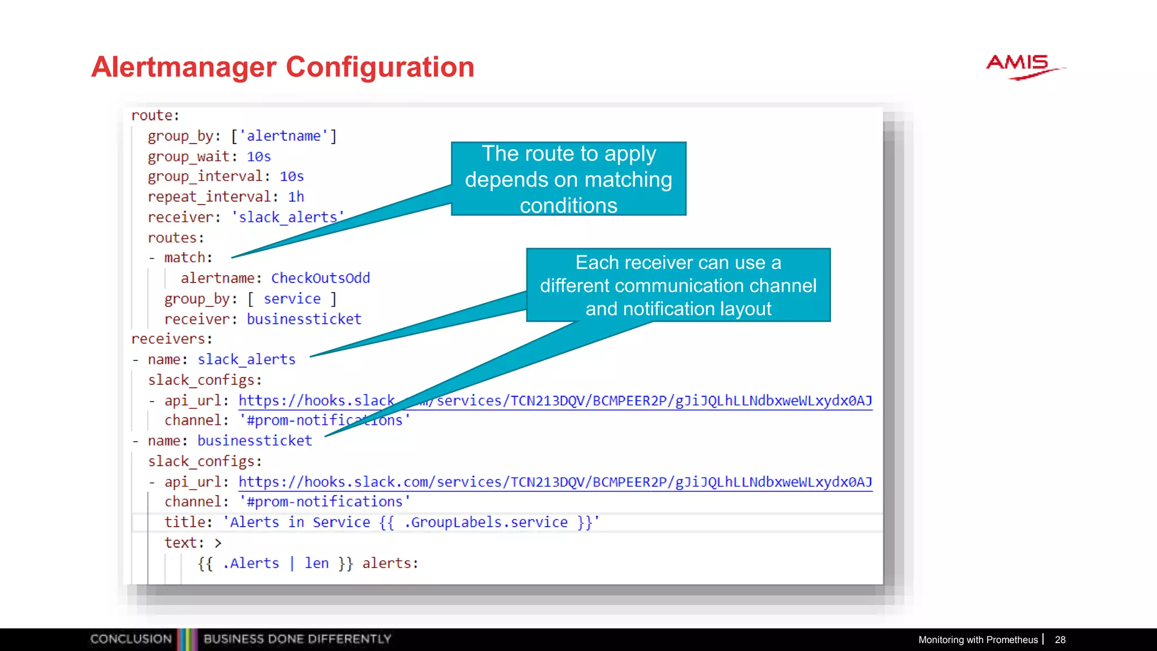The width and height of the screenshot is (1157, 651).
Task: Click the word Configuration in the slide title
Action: (x=380, y=67)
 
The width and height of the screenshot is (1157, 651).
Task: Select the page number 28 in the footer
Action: (x=1060, y=640)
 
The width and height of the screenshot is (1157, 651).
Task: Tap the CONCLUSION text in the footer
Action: (x=131, y=639)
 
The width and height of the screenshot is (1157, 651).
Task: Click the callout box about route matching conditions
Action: (x=568, y=179)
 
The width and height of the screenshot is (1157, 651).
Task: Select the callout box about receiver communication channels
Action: (x=678, y=285)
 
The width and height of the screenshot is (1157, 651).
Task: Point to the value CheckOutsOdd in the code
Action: (x=320, y=278)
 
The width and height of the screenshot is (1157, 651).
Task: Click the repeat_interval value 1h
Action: (x=296, y=197)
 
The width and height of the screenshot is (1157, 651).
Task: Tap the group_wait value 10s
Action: (x=259, y=157)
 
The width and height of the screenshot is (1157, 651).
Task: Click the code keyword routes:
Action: (x=176, y=238)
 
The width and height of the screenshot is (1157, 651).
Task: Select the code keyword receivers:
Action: (x=172, y=339)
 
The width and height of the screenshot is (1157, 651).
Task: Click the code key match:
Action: (x=188, y=258)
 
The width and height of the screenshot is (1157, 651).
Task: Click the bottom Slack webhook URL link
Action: (x=555, y=482)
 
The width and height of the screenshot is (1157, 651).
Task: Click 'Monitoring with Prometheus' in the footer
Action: (x=977, y=640)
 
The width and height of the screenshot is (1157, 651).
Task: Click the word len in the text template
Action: (x=316, y=563)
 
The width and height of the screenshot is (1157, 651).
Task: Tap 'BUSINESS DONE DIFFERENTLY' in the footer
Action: (x=297, y=639)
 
